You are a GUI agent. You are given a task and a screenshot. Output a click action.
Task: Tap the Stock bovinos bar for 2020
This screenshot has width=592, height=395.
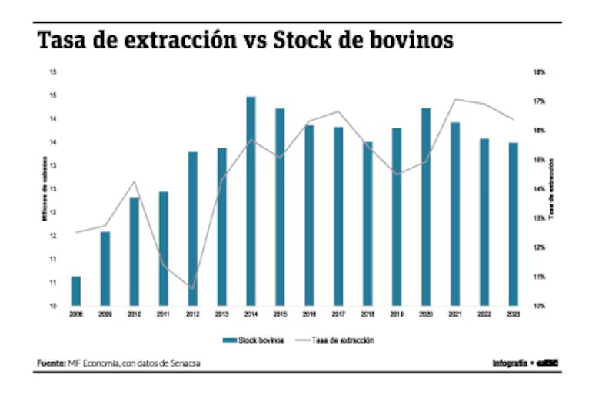426,207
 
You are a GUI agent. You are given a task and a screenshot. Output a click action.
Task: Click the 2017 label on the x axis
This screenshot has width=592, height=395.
338,314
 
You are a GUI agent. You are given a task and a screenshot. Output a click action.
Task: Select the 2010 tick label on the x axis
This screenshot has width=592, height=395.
134,314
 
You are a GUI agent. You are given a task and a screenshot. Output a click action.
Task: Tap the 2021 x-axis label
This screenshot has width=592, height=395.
455,314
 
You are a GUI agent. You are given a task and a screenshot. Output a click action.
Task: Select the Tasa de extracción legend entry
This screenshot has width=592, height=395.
341,340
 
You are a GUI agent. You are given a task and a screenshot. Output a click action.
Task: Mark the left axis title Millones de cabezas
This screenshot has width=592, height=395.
45,188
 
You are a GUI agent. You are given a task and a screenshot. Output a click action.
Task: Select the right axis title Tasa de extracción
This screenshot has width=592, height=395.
555,188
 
